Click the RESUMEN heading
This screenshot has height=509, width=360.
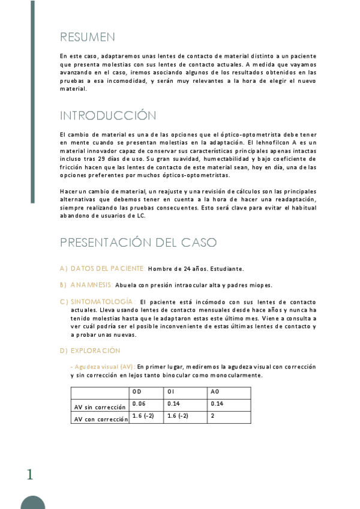coord(88,37)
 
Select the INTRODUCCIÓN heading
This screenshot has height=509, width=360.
coord(107,115)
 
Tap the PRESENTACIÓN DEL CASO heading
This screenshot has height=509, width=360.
coord(138,242)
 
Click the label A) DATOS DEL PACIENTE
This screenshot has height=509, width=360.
coord(103,268)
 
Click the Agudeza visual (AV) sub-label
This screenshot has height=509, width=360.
coord(103,366)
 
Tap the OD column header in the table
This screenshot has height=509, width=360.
coord(137,392)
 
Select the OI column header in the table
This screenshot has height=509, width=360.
coord(172,392)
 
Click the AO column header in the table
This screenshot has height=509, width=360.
coord(215,392)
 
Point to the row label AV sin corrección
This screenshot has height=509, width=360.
coord(100,407)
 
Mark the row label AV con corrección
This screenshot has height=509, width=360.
coord(100,420)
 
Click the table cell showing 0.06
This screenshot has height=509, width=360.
coord(139,403)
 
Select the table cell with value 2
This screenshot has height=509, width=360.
coord(212,415)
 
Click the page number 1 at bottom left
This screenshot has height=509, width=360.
coord(29,475)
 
